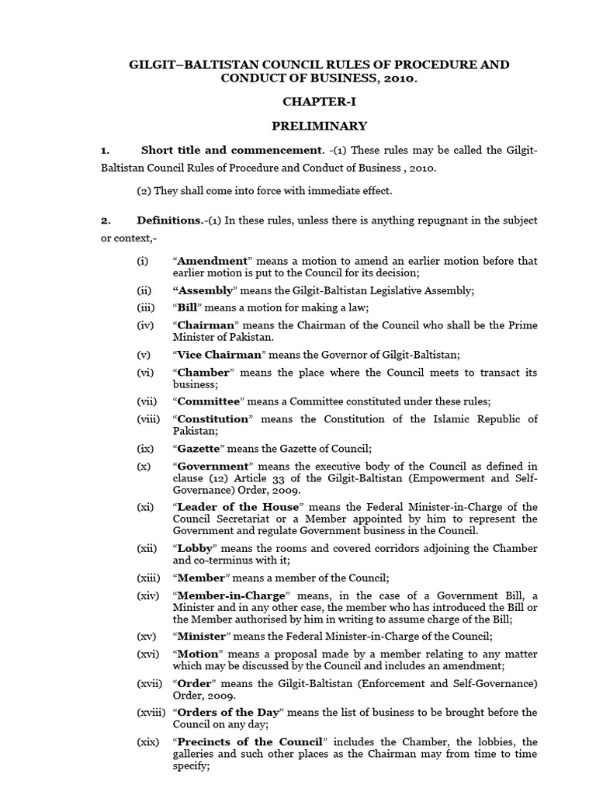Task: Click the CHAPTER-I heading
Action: point(319,102)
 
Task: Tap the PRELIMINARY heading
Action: point(319,126)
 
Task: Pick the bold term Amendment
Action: point(213,261)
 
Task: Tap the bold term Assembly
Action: point(205,290)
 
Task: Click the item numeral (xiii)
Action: point(149,577)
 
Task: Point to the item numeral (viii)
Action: point(149,418)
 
